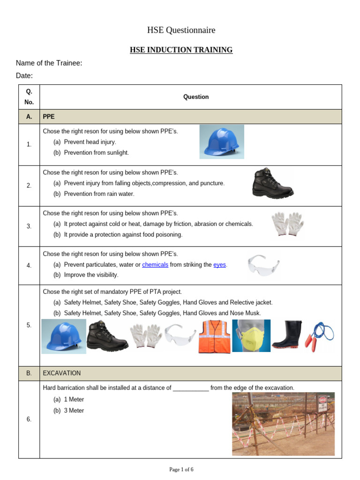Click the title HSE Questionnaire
click(181, 30)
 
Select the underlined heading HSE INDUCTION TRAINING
click(181, 50)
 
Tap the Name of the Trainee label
click(49, 63)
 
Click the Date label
click(24, 76)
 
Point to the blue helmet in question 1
click(221, 142)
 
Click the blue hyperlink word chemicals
click(155, 265)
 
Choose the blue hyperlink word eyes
click(219, 265)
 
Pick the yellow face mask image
click(251, 336)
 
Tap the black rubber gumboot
click(286, 336)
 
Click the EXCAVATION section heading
click(61, 373)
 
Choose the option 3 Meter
click(74, 411)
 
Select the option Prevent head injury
click(90, 142)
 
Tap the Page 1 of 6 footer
click(181, 470)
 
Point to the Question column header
click(196, 97)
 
